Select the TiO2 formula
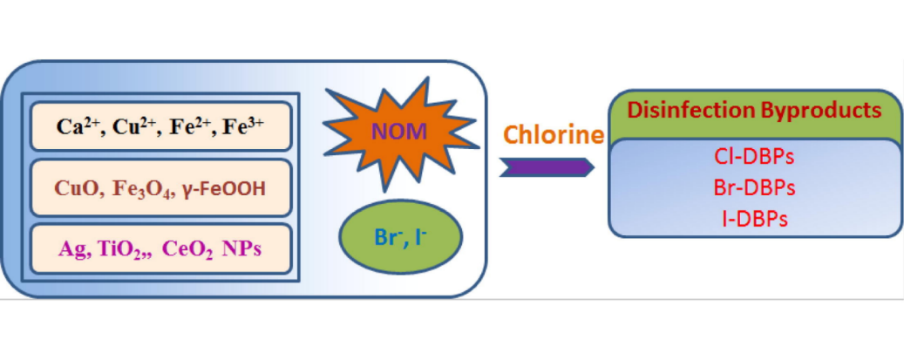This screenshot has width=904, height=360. (116, 249)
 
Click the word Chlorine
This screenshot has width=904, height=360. (554, 135)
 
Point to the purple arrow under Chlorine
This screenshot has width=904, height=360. (548, 167)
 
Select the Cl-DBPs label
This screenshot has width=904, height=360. (754, 159)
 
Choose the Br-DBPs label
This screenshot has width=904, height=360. (754, 187)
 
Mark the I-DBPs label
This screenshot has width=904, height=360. (754, 217)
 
